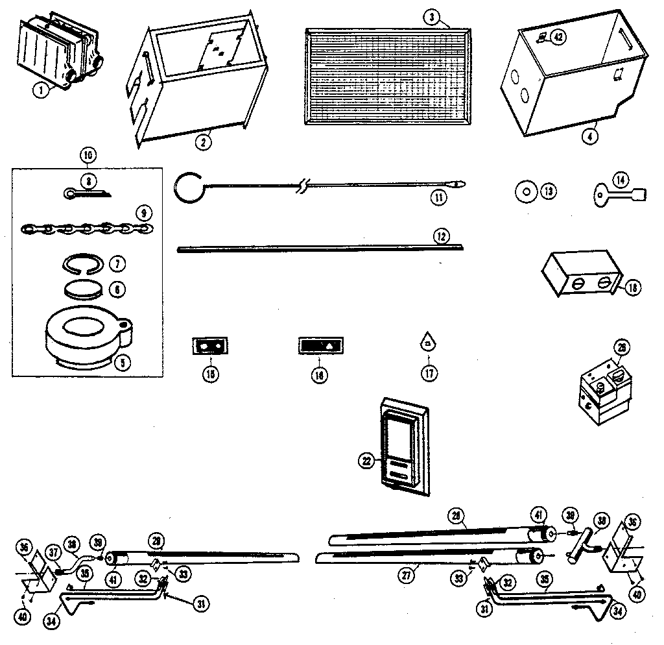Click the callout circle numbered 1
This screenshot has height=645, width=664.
41,91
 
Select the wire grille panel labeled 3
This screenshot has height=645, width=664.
388,75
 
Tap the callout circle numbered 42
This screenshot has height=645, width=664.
558,37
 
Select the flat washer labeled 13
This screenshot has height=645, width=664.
526,191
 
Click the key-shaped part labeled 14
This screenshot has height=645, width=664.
616,192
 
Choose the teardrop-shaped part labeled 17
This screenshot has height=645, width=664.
428,341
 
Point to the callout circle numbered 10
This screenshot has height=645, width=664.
88,156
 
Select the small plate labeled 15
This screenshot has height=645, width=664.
211,347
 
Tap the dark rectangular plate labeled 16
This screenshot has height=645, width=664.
319,345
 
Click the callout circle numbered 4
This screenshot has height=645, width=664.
589,136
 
